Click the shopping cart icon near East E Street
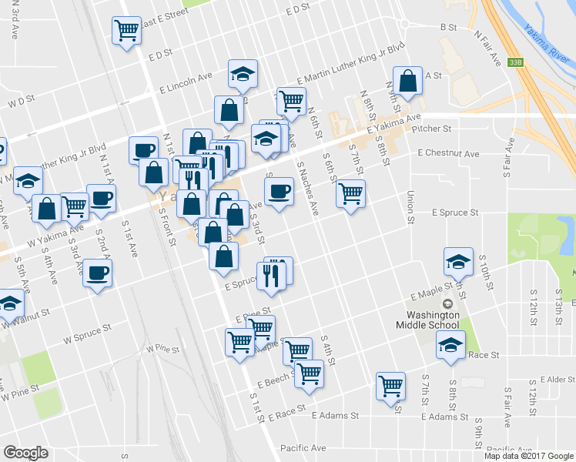pyautogui.click(x=126, y=32)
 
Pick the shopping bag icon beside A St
pyautogui.click(x=407, y=81)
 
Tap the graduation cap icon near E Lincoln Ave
pyautogui.click(x=242, y=75)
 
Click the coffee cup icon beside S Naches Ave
pyautogui.click(x=279, y=190)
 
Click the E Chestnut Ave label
pyautogui.click(x=448, y=154)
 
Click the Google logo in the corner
pyautogui.click(x=25, y=453)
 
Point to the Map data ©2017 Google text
pyautogui.click(x=529, y=456)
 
